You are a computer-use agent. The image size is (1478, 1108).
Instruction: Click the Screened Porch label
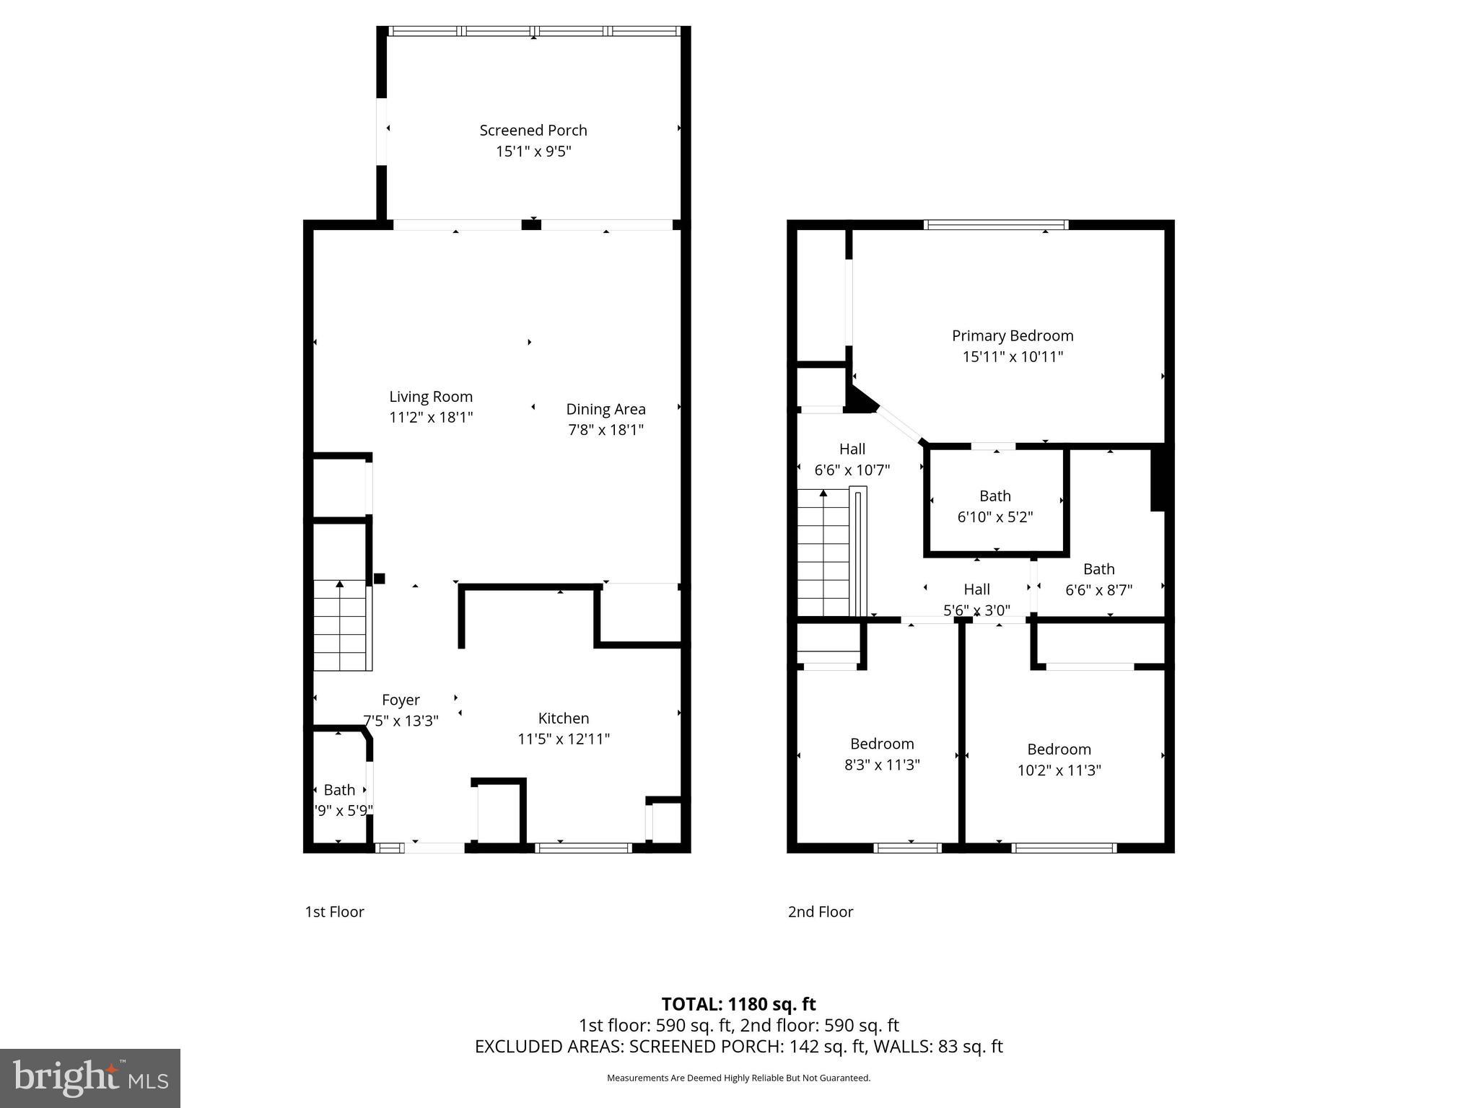click(x=533, y=131)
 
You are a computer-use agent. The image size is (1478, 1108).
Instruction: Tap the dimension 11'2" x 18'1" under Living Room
click(x=431, y=417)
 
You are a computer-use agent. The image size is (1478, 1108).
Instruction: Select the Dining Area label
click(x=605, y=409)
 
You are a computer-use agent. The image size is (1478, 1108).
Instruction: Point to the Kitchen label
click(x=564, y=718)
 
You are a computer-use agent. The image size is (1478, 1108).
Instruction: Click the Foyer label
click(x=401, y=700)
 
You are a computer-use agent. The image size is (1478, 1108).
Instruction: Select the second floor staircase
click(x=824, y=553)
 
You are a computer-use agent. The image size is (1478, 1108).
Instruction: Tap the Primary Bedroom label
click(x=1013, y=335)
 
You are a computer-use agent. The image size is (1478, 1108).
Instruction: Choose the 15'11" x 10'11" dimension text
click(x=1013, y=356)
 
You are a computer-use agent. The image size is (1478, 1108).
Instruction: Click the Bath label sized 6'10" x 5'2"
click(x=995, y=496)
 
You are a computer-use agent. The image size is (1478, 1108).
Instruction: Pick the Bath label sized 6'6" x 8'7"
click(x=1098, y=569)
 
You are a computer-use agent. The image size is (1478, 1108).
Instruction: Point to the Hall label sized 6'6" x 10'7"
click(x=852, y=449)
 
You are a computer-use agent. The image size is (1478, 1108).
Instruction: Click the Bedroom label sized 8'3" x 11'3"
click(x=882, y=744)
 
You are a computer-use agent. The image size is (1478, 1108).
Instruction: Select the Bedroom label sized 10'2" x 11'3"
click(x=1059, y=749)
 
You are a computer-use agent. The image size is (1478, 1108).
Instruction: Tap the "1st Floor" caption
click(x=334, y=912)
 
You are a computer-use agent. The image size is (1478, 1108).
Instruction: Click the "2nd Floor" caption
click(x=821, y=912)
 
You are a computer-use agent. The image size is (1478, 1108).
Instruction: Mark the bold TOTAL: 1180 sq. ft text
click(x=738, y=1004)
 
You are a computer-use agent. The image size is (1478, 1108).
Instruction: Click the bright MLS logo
click(x=90, y=1078)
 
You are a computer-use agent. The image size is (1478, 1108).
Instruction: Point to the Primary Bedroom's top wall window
click(x=996, y=225)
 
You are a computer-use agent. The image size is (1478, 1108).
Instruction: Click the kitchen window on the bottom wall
click(x=584, y=848)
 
